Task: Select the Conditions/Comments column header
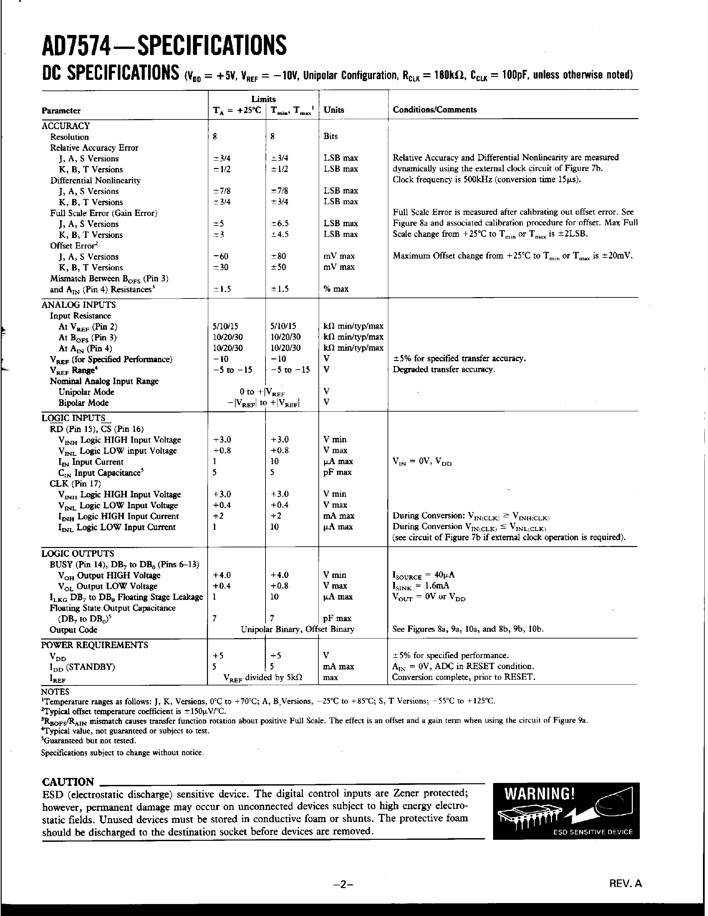pos(435,109)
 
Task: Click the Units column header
pos(334,109)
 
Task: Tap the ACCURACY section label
pos(66,126)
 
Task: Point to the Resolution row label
pos(69,137)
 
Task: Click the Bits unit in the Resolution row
pos(330,136)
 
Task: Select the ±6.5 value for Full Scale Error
pos(280,224)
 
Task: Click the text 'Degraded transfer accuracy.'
pos(444,370)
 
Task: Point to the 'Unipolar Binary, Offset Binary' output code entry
pos(297,629)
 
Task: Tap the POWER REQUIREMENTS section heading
pos(94,644)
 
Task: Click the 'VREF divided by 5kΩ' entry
pos(263,677)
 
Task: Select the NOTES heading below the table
pos(55,692)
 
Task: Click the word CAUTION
pos(68,782)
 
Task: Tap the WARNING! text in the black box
pos(539,794)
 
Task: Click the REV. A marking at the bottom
pos(625,883)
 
